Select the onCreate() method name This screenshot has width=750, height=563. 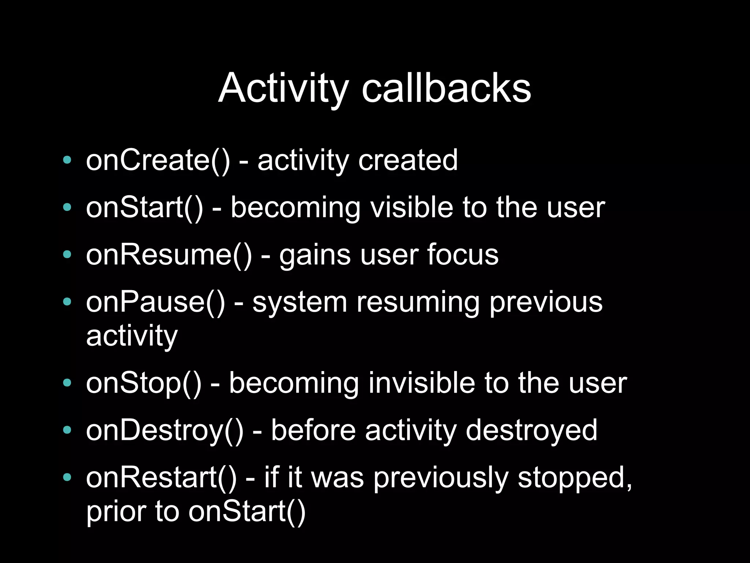coord(158,160)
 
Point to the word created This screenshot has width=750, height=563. coord(408,160)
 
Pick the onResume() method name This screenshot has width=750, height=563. coord(169,255)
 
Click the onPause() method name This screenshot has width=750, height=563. coord(155,302)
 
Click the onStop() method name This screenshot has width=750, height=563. coord(144,383)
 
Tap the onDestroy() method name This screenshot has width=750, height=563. coord(164,430)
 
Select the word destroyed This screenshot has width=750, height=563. coord(531,430)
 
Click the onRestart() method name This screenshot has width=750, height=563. coord(161,478)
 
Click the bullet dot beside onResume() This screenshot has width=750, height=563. coord(67,254)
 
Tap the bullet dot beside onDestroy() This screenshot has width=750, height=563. coord(67,430)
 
